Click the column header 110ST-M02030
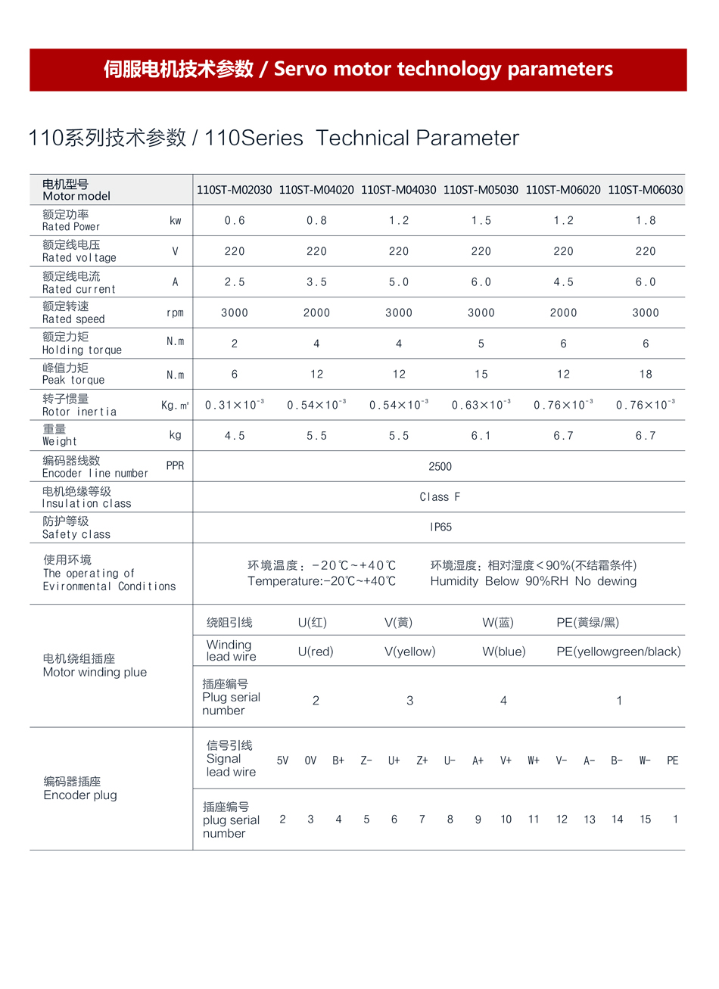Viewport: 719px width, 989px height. pyautogui.click(x=234, y=190)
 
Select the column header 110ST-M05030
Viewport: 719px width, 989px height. pyautogui.click(x=481, y=190)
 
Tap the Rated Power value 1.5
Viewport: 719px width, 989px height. pyautogui.click(x=481, y=221)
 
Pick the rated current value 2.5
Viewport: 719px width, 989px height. pyautogui.click(x=235, y=282)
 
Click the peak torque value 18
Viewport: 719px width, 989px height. pyautogui.click(x=646, y=375)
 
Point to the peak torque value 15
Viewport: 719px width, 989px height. pyautogui.click(x=481, y=375)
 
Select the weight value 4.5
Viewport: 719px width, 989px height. pyautogui.click(x=235, y=436)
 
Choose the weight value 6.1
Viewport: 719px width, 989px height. pyautogui.click(x=481, y=436)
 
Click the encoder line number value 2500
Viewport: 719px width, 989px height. pyautogui.click(x=440, y=467)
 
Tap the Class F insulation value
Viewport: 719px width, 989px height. pyautogui.click(x=440, y=497)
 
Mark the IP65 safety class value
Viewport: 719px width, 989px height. pyautogui.click(x=440, y=527)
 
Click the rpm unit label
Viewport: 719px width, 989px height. pyautogui.click(x=175, y=313)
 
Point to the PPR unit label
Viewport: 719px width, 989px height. pyautogui.click(x=175, y=466)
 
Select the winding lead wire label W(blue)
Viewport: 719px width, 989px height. pyautogui.click(x=503, y=652)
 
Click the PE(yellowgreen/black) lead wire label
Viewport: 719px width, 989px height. pyautogui.click(x=618, y=652)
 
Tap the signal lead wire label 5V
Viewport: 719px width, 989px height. pyautogui.click(x=282, y=760)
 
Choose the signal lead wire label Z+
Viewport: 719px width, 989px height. pyautogui.click(x=422, y=760)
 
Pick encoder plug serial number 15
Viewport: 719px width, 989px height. pyautogui.click(x=646, y=820)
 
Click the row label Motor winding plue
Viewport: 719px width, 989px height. pyautogui.click(x=95, y=672)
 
